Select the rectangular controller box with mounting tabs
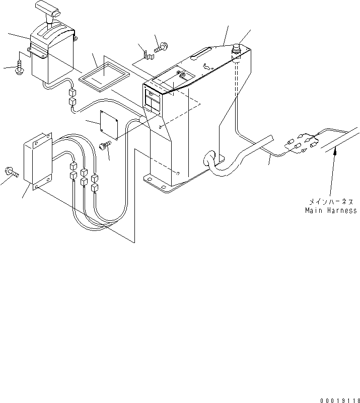click(39, 161)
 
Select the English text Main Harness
click(331, 210)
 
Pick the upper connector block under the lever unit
click(71, 93)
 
